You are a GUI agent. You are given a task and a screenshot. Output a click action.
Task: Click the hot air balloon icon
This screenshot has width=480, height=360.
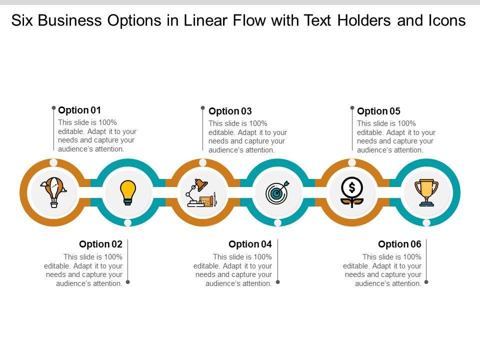point(53,192)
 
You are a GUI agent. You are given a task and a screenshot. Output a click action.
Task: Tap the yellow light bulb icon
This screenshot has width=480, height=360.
point(128,192)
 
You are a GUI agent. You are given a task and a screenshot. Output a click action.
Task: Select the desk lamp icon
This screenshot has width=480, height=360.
point(201,193)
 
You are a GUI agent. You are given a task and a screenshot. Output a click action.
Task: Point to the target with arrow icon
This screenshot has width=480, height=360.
point(277,192)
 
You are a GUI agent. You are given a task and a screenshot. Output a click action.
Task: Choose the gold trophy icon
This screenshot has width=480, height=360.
point(426,192)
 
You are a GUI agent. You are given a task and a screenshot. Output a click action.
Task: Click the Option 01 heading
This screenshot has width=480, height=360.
point(79,110)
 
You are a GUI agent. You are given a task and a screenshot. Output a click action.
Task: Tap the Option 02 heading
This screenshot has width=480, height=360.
point(100,244)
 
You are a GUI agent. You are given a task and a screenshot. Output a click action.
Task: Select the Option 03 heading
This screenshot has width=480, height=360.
point(230,111)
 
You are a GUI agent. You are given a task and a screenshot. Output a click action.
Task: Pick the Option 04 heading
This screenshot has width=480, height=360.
point(250,244)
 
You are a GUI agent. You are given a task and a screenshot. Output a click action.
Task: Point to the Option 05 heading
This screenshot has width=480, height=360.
point(378,111)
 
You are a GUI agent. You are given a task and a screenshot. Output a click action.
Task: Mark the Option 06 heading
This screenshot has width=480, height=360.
point(399,244)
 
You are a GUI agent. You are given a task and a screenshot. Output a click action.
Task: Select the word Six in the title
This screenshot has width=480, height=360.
point(23,21)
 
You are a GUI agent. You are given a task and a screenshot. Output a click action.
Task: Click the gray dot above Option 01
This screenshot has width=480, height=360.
point(53,107)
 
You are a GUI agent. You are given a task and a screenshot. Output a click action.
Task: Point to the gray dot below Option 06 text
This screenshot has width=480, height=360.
point(426,282)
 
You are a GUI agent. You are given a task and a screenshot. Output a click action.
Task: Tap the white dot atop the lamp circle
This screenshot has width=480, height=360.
point(202,162)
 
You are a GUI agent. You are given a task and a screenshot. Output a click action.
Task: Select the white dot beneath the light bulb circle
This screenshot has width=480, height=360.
point(128,222)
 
